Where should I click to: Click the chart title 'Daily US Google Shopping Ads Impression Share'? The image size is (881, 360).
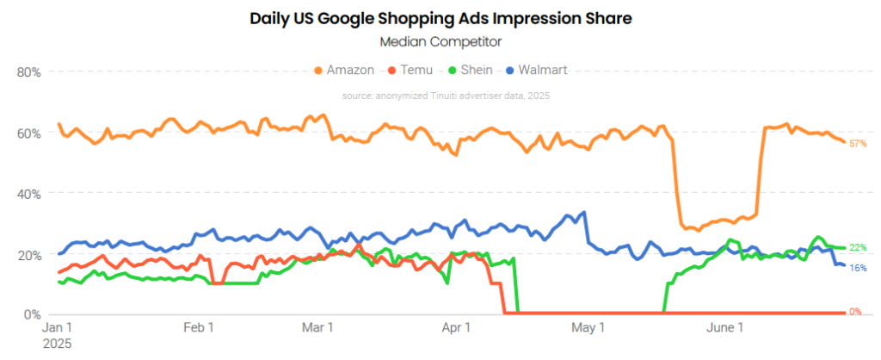click(x=440, y=17)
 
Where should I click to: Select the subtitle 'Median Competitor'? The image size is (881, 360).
click(x=440, y=40)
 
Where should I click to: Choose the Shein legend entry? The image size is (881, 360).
click(x=469, y=70)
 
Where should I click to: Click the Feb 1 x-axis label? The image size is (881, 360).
click(x=198, y=328)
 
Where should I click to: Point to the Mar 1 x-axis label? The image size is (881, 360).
click(x=318, y=328)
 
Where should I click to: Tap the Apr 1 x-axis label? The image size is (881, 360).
click(x=455, y=328)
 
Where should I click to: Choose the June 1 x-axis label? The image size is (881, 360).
click(x=724, y=328)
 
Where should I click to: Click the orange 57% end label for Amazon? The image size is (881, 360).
click(x=857, y=143)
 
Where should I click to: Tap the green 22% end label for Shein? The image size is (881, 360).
click(x=857, y=248)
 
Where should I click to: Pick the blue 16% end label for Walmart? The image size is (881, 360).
click(x=857, y=268)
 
